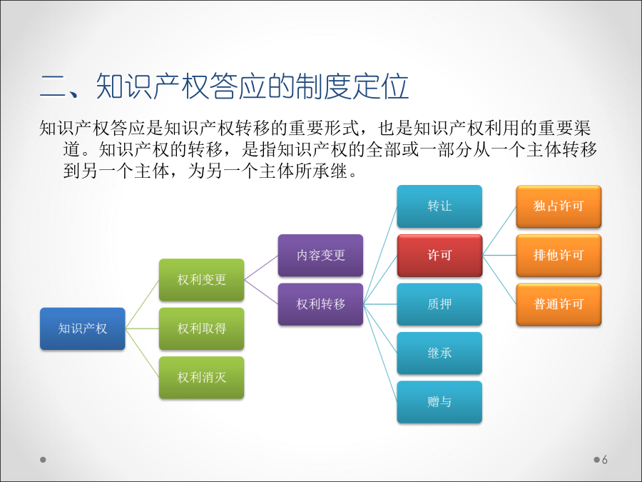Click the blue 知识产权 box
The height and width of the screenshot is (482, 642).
click(x=83, y=328)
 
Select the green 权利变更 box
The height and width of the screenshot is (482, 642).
click(x=201, y=280)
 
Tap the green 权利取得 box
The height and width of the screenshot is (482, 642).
click(x=201, y=328)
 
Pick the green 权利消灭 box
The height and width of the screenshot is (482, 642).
click(x=201, y=378)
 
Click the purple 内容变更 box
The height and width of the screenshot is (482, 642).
click(x=320, y=256)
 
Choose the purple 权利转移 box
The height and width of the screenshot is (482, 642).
click(x=320, y=304)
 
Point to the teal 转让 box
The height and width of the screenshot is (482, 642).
click(x=439, y=206)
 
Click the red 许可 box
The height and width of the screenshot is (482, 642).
click(x=439, y=256)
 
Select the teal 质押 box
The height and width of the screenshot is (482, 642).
click(x=439, y=304)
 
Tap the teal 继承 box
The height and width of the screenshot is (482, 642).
click(x=439, y=353)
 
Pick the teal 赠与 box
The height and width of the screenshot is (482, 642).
click(x=439, y=402)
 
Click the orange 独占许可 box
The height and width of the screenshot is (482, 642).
click(x=559, y=206)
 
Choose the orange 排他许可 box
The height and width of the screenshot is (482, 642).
click(x=559, y=256)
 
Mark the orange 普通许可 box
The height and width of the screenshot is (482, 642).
click(x=559, y=304)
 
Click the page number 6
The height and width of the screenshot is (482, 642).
click(x=605, y=460)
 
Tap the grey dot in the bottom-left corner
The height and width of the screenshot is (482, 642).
click(x=43, y=460)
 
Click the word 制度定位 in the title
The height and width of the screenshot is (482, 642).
click(x=352, y=86)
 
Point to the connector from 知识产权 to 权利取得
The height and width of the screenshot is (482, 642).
click(x=142, y=328)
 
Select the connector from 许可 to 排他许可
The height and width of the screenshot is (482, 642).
click(x=499, y=256)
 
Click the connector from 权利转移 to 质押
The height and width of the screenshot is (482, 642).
click(x=380, y=304)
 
